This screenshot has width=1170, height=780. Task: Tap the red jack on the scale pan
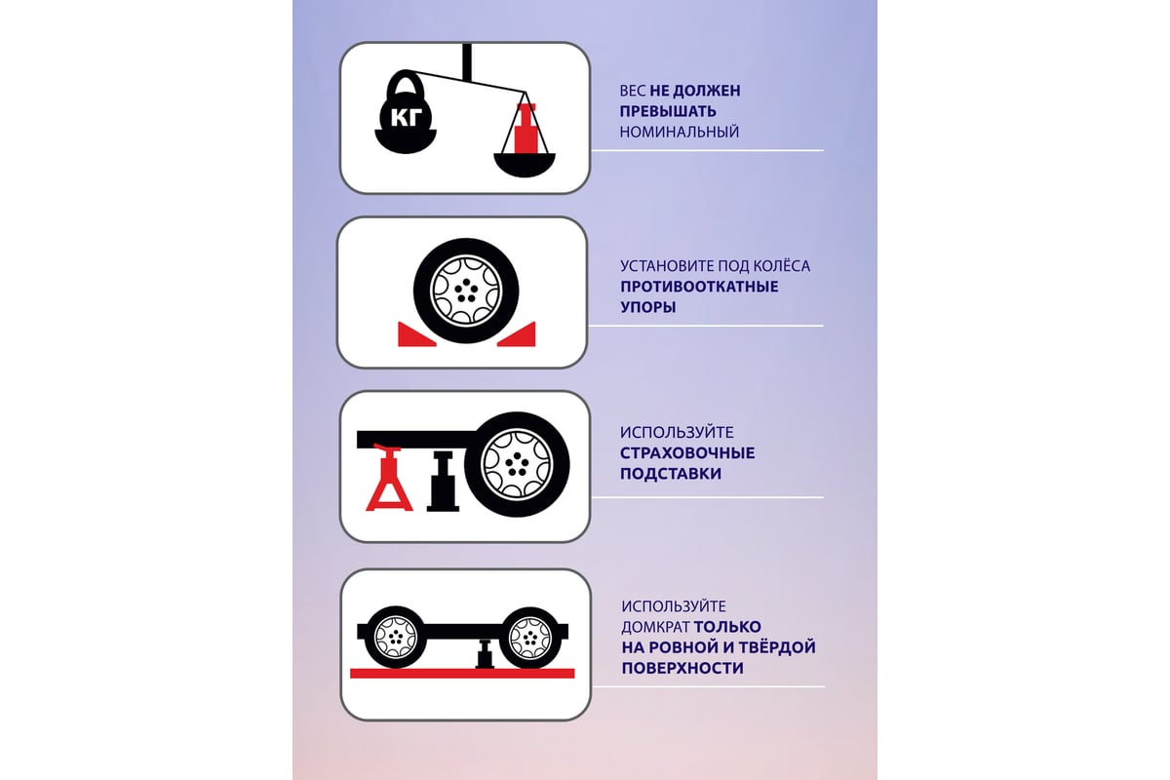click(525, 128)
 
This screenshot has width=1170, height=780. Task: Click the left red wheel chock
click(415, 334)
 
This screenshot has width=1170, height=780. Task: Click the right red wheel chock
click(517, 334)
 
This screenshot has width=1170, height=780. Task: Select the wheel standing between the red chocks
click(466, 291)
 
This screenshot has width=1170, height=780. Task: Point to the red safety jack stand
click(389, 477)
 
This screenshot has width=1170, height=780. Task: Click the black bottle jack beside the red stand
click(443, 480)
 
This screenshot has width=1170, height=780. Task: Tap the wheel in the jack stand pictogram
click(517, 464)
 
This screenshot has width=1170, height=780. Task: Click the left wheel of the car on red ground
click(396, 637)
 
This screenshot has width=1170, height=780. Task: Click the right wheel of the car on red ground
click(530, 638)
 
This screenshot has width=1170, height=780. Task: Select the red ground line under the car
click(462, 674)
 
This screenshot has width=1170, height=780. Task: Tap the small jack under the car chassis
click(485, 653)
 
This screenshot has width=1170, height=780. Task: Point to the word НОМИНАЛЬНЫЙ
click(680, 133)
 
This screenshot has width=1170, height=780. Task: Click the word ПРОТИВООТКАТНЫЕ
click(699, 287)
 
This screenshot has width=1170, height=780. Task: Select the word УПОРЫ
click(648, 307)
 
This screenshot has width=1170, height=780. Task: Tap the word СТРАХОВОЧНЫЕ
click(687, 453)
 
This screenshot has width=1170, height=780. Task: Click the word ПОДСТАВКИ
click(671, 474)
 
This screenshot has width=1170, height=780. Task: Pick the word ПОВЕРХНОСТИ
click(682, 668)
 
